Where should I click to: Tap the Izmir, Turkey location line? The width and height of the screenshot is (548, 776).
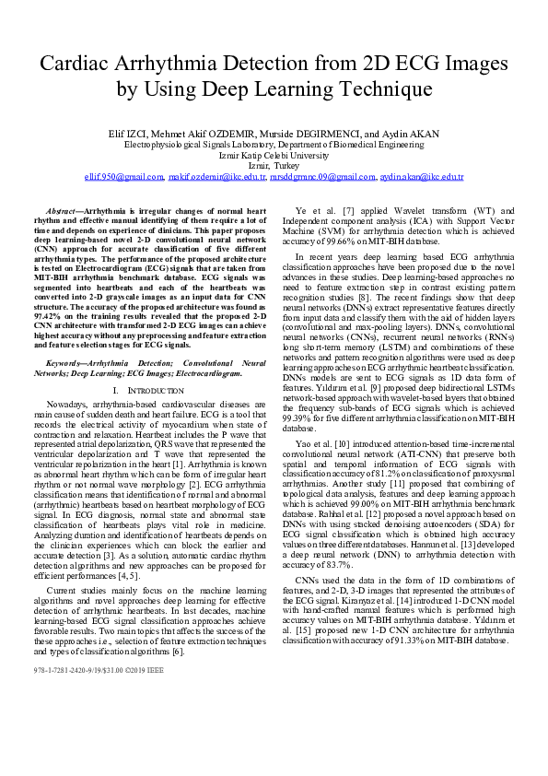[274, 166]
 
